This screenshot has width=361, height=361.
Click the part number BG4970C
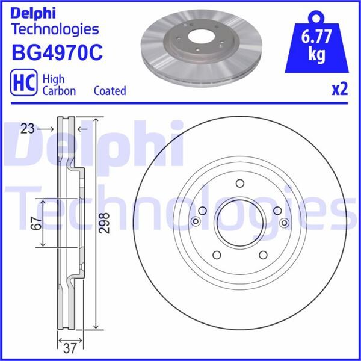(x=57, y=52)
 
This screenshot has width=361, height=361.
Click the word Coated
(x=110, y=91)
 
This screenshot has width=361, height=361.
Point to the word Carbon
(x=58, y=91)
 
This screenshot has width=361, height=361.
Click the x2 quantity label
(x=340, y=90)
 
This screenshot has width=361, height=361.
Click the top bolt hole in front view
(x=239, y=184)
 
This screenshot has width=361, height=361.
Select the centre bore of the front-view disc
(x=239, y=223)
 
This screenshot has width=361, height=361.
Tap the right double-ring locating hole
(x=283, y=223)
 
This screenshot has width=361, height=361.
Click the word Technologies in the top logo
(x=55, y=28)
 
